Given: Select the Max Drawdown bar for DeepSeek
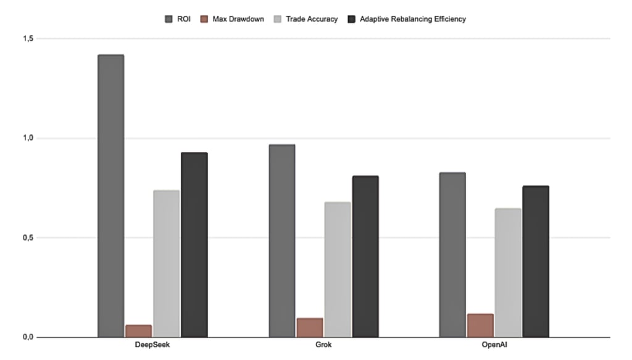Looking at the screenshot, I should click(138, 331).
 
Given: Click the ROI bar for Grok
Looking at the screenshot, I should click(281, 241).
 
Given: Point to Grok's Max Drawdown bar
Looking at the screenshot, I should click(309, 327).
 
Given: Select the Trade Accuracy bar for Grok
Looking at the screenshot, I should click(337, 269).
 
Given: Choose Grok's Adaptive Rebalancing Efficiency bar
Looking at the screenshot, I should click(365, 256).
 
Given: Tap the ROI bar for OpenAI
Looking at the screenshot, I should click(452, 255).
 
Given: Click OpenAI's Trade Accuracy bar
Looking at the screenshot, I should click(508, 272).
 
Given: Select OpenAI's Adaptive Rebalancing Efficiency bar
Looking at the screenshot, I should click(535, 261).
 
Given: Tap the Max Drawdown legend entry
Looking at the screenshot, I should click(233, 19).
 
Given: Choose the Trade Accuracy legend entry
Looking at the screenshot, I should click(306, 19).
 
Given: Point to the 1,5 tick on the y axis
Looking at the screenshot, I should click(27, 39).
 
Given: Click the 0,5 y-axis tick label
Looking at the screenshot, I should click(27, 238).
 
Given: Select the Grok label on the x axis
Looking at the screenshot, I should click(323, 345).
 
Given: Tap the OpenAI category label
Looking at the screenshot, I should click(494, 345).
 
